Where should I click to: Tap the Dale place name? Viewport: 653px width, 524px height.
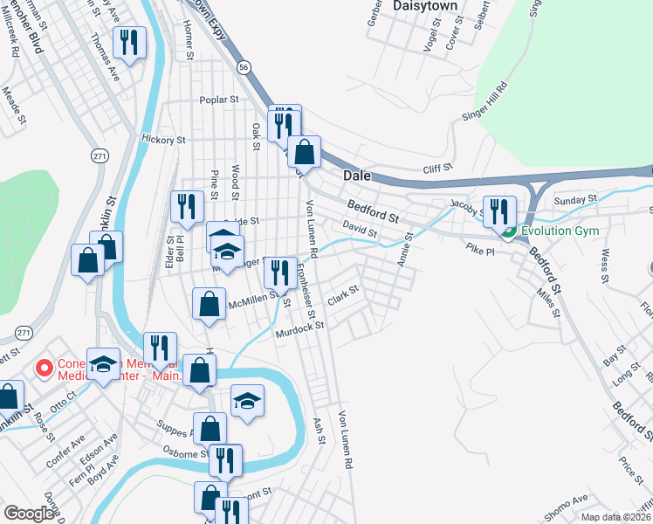356,176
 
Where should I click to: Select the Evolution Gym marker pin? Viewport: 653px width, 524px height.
507,231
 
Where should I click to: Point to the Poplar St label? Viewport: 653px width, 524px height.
219,100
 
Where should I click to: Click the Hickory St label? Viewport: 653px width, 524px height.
163,139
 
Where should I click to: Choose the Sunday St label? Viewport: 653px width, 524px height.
575,199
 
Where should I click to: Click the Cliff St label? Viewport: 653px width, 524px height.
438,168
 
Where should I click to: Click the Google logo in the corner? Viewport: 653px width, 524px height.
29,514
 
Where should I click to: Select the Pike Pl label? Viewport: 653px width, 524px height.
480,249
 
